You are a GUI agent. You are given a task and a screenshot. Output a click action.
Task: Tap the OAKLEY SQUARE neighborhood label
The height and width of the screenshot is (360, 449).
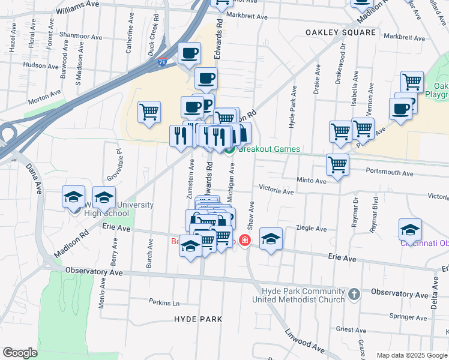click(x=340, y=32)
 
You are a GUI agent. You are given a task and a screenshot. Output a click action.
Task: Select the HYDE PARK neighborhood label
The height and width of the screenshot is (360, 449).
click(x=199, y=319)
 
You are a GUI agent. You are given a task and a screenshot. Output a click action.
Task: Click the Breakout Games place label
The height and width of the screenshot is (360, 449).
click(x=269, y=149)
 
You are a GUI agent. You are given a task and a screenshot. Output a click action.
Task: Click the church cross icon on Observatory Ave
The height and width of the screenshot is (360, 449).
click(x=354, y=294)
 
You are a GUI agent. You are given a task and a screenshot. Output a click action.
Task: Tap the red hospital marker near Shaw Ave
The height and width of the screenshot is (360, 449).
click(x=244, y=241)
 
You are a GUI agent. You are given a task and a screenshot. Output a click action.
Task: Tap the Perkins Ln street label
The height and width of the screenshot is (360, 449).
click(x=165, y=303)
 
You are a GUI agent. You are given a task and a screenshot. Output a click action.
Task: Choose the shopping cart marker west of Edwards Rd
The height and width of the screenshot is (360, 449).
click(x=149, y=111)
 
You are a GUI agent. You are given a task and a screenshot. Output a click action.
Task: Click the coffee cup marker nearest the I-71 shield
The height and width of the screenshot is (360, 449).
click(x=190, y=53)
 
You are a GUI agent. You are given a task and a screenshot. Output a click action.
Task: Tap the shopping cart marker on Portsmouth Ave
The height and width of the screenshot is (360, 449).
click(x=338, y=164)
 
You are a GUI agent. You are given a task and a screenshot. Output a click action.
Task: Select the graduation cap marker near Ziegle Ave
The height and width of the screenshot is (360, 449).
click(x=271, y=238)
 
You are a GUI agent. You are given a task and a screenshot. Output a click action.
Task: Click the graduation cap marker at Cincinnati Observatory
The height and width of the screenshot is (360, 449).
click(x=410, y=229)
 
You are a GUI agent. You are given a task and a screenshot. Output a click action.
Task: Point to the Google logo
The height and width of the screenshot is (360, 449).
click(x=20, y=353)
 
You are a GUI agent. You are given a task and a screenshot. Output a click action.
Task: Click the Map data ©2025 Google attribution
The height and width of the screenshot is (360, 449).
click(x=411, y=355)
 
